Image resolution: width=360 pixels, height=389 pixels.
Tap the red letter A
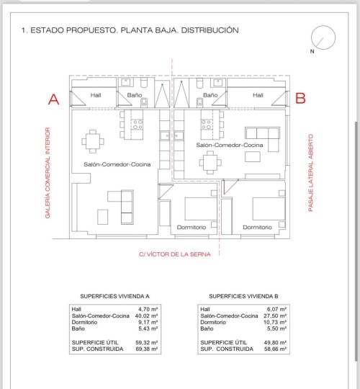pyautogui.click(x=53, y=99)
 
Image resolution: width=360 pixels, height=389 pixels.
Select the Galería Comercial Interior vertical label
pyautogui.click(x=48, y=173)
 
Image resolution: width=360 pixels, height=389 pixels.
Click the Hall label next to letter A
pyautogui.click(x=96, y=95)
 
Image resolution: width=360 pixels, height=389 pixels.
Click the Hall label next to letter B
pyautogui.click(x=258, y=95)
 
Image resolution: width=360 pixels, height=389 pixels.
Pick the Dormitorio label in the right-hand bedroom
pyautogui.click(x=257, y=227)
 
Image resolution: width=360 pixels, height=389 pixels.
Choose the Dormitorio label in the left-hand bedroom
pyautogui.click(x=191, y=227)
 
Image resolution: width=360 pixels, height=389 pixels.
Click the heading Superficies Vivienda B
pyautogui.click(x=243, y=296)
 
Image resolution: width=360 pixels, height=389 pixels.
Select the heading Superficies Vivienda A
pyautogui.click(x=114, y=296)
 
